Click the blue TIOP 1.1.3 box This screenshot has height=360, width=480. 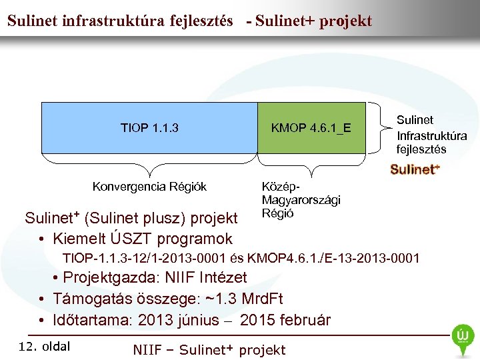149,127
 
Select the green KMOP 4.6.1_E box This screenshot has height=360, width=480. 311,127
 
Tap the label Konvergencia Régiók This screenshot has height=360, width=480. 149,186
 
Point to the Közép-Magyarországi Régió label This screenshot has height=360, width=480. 291,199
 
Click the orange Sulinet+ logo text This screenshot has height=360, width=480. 415,169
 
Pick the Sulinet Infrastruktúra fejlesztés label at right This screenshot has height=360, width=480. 431,134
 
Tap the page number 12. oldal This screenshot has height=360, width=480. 45,345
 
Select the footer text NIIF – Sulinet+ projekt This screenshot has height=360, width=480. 209,349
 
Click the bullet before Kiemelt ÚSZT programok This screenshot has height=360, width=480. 41,239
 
